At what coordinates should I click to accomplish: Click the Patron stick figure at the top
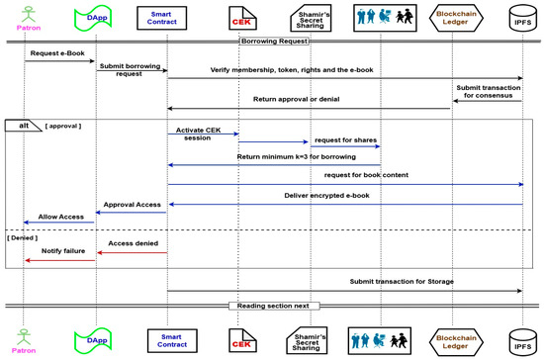point(29,14)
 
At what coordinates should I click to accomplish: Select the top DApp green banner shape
point(93,18)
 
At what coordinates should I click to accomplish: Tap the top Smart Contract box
point(161,18)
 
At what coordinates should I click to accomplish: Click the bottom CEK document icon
point(242,340)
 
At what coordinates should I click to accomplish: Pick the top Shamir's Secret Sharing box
point(311,18)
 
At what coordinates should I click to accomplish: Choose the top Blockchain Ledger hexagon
point(456,18)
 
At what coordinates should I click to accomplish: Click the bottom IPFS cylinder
point(522,342)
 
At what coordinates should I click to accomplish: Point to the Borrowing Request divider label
point(274,42)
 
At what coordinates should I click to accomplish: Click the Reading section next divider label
point(273,306)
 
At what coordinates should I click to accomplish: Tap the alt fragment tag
point(23,126)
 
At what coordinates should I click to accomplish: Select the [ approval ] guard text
point(63,126)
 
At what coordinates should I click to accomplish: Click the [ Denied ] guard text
point(22,238)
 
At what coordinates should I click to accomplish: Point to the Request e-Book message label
point(57,53)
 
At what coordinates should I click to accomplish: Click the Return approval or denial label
point(297,99)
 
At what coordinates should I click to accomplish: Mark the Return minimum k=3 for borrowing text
point(297,157)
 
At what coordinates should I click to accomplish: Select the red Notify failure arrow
point(60,260)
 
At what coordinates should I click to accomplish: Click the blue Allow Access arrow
point(58,223)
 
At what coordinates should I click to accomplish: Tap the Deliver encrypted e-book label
point(326,196)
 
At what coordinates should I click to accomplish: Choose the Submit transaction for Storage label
point(402,282)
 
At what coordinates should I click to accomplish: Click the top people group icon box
point(385,18)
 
